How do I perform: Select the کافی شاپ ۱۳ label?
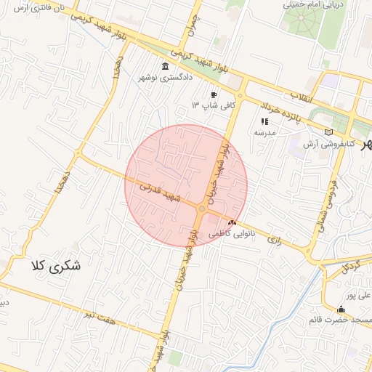tap(205, 105)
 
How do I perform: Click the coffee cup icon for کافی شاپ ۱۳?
tap(214, 94)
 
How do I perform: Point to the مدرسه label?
tap(262, 133)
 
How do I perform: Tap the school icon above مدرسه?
tap(264, 121)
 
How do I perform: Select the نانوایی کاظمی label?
tap(230, 235)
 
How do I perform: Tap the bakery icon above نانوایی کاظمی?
tap(232, 223)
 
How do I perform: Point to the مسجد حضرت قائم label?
tap(344, 320)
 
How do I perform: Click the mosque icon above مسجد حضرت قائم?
tap(341, 308)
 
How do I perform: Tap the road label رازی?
tap(275, 238)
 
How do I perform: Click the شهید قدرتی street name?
tap(159, 191)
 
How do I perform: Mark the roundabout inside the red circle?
tap(201, 209)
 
